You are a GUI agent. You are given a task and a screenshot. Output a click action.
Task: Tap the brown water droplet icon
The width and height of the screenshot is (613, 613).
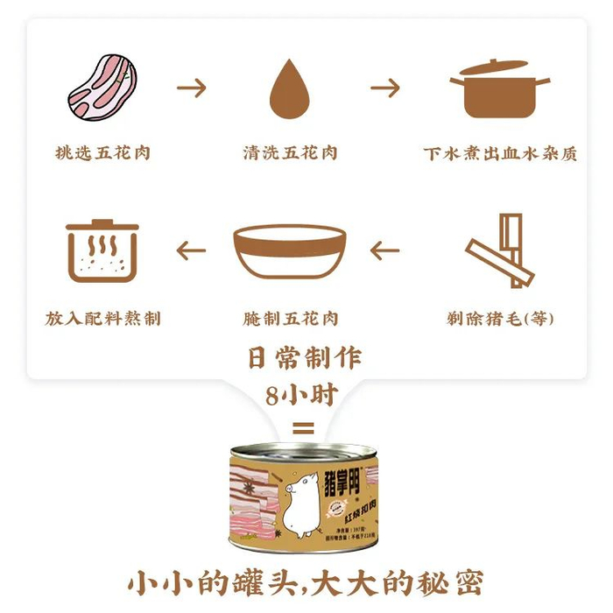tap(289, 88)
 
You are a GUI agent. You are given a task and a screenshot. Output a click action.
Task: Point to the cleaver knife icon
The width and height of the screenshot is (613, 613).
tap(499, 250)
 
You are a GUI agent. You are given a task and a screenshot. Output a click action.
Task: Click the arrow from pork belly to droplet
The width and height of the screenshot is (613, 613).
tap(193, 88)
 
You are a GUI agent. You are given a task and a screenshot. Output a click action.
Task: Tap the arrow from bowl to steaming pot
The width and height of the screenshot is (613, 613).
tap(191, 251)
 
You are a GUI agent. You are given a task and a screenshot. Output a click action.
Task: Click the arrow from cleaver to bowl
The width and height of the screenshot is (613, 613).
tap(385, 251)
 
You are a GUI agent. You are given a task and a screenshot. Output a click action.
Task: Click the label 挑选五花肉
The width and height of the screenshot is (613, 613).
tap(102, 152)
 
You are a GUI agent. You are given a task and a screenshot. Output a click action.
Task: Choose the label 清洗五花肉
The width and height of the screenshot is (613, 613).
tap(290, 152)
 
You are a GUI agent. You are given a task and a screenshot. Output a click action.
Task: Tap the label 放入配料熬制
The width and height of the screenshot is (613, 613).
tap(102, 318)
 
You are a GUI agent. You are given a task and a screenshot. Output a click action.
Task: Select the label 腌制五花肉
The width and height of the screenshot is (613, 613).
tap(290, 318)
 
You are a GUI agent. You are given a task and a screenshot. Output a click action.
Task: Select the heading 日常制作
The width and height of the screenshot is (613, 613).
tap(303, 358)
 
